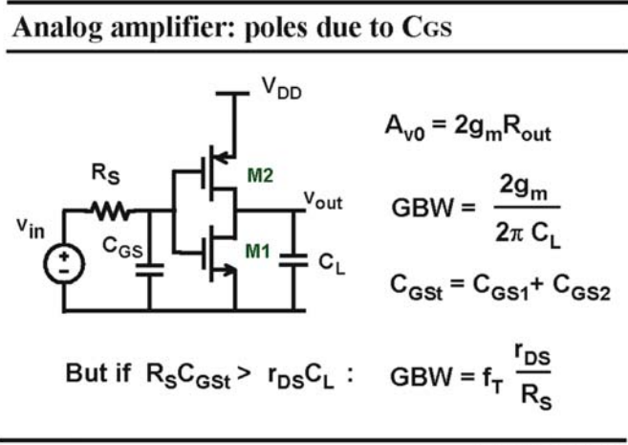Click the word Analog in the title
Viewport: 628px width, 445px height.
point(57,29)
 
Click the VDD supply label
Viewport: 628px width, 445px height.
point(281,88)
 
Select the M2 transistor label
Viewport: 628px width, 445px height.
point(260,175)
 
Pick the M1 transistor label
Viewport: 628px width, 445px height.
point(258,252)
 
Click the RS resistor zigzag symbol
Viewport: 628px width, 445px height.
point(110,211)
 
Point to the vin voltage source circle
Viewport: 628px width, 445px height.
point(64,264)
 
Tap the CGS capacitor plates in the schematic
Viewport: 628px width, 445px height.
point(149,270)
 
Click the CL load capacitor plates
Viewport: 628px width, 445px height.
point(293,259)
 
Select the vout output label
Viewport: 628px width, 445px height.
point(323,200)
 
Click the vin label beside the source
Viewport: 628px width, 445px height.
point(31,229)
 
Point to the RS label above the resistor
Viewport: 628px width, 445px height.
point(105,173)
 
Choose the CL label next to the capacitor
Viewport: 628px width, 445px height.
point(332,264)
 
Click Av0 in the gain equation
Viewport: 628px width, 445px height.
point(404,127)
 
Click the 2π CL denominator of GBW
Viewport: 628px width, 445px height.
point(528,234)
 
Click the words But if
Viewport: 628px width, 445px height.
point(98,373)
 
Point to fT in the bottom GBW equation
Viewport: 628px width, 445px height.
point(492,379)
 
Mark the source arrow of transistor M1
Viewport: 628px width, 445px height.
point(228,270)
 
